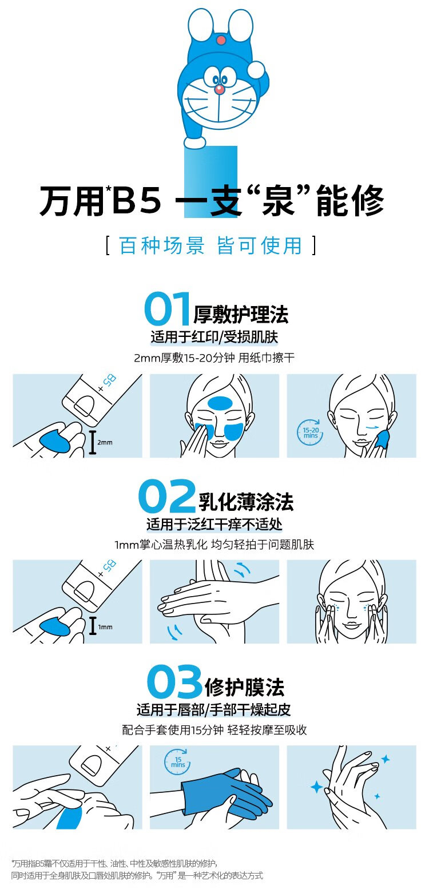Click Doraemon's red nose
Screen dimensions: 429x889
[x=219, y=89]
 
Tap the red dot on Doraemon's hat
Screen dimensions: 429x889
[x=221, y=40]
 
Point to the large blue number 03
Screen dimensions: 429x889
[x=174, y=681]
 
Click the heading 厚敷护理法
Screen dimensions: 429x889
[x=241, y=315]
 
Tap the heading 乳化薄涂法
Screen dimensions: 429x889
[x=246, y=502]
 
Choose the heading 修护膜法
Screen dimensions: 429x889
[x=244, y=687]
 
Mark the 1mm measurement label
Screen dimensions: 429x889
[x=105, y=627]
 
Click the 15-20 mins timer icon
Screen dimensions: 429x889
[x=311, y=432]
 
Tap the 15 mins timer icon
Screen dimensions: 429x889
[x=177, y=761]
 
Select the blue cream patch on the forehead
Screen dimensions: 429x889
[x=220, y=403]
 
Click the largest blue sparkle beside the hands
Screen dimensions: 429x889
[x=317, y=786]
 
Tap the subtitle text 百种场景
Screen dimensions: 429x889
[x=162, y=245]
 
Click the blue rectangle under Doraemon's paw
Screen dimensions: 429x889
[x=210, y=181]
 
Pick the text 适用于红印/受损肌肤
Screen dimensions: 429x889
[x=214, y=337]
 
